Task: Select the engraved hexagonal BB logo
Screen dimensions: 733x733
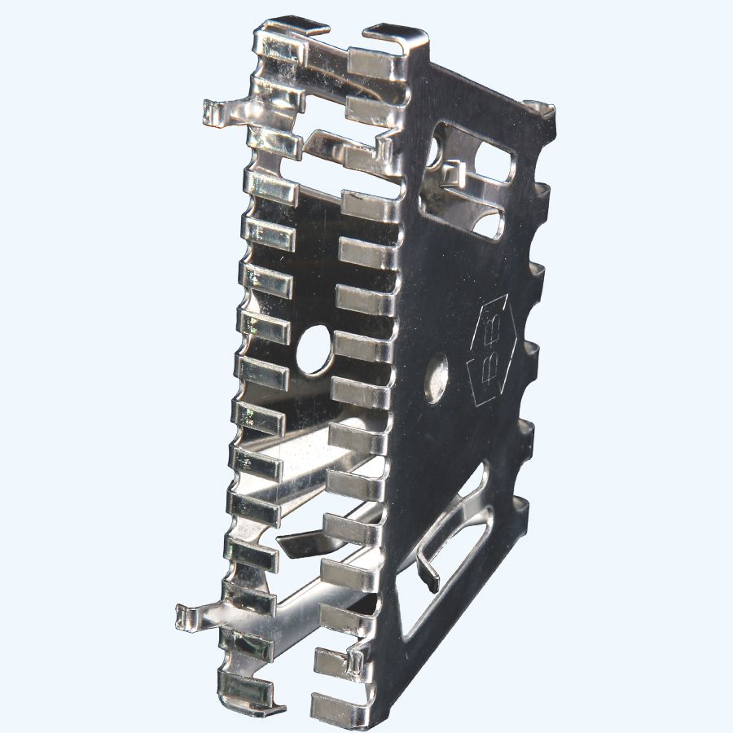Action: (493, 351)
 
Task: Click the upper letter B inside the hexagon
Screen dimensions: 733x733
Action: (494, 324)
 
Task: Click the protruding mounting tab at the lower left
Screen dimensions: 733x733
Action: (192, 617)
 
